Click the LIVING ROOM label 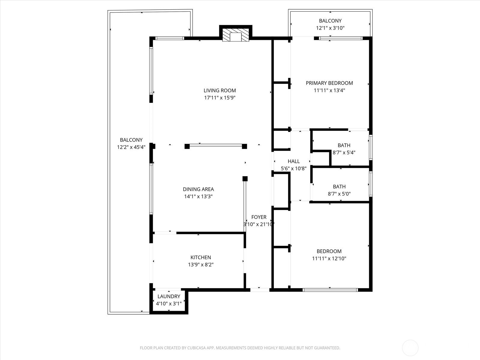pyautogui.click(x=220, y=90)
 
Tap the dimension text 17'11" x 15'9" pyautogui.click(x=220, y=97)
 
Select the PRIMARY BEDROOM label pyautogui.click(x=329, y=83)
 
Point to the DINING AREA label pyautogui.click(x=198, y=189)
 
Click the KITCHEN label pyautogui.click(x=201, y=257)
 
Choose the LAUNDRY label pyautogui.click(x=169, y=296)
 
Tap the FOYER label pyautogui.click(x=259, y=217)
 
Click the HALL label pyautogui.click(x=294, y=161)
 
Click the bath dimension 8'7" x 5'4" pyautogui.click(x=344, y=152)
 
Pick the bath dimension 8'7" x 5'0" pyautogui.click(x=339, y=194)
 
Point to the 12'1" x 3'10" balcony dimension pyautogui.click(x=330, y=28)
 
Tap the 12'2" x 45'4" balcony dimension pyautogui.click(x=131, y=147)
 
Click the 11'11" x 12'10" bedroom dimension pyautogui.click(x=329, y=258)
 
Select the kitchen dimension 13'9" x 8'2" pyautogui.click(x=201, y=265)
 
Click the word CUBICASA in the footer pyautogui.click(x=196, y=348)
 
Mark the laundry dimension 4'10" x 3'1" pyautogui.click(x=169, y=303)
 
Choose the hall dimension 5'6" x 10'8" pyautogui.click(x=294, y=168)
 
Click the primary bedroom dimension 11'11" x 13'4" pyautogui.click(x=329, y=90)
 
